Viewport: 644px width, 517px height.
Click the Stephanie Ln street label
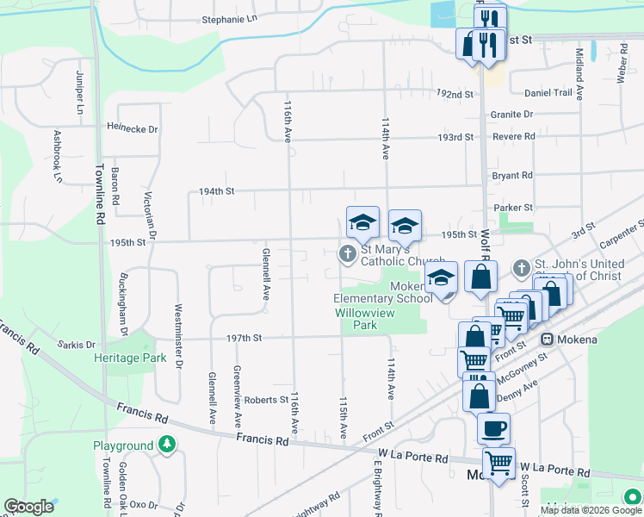[229, 18]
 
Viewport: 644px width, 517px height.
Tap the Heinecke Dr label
[133, 129]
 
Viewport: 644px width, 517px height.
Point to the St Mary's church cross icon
[347, 253]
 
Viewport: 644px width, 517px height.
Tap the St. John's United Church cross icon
[521, 268]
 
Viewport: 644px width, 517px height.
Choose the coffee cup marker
[493, 427]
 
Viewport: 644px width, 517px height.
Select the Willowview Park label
[365, 320]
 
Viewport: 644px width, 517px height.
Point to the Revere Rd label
[514, 136]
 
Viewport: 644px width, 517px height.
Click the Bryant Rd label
[512, 175]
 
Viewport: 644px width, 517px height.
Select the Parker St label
[514, 208]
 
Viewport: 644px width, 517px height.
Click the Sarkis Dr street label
[75, 345]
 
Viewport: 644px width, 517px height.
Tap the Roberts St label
[265, 400]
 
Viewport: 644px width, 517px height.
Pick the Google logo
[28, 507]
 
